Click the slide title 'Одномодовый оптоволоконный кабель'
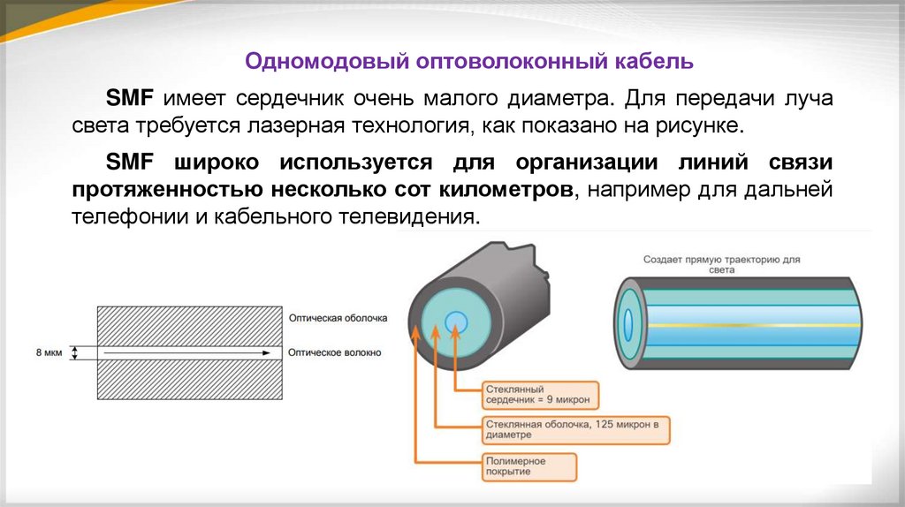pyautogui.click(x=470, y=63)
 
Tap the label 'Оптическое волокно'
pyautogui.click(x=334, y=352)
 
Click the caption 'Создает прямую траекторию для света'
pyautogui.click(x=720, y=266)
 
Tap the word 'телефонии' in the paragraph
pyautogui.click(x=126, y=216)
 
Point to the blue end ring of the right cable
pyautogui.click(x=628, y=324)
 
